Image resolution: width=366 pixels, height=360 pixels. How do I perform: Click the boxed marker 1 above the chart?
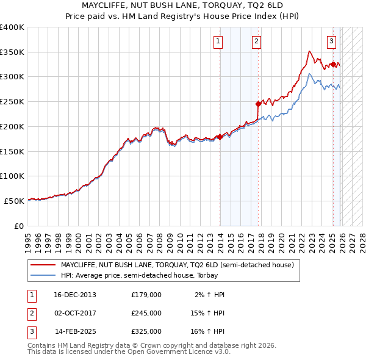(x=218, y=41)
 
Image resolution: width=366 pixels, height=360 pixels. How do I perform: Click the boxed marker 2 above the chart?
(x=256, y=41)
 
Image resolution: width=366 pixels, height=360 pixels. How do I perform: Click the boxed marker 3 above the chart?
(x=331, y=41)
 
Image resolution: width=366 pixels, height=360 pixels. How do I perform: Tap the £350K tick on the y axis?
(x=12, y=52)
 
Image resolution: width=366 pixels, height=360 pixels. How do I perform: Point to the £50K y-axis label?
(x=15, y=201)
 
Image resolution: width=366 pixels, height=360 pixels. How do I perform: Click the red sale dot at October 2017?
(x=259, y=104)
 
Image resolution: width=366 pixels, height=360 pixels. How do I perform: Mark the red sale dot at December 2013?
(x=220, y=137)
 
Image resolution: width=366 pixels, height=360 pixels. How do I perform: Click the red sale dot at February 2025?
(x=333, y=64)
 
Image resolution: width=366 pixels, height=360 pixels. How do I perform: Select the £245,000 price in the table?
(x=146, y=313)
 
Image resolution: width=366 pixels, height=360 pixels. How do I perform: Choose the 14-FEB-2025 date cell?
(x=76, y=331)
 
